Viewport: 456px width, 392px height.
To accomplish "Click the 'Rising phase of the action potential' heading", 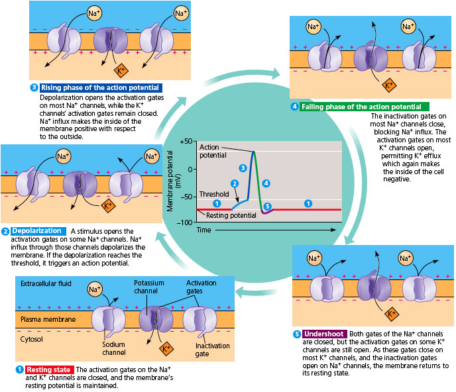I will [100, 88].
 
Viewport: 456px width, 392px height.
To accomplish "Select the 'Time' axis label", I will [203, 229].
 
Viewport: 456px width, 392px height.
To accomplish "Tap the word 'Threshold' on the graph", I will [213, 195].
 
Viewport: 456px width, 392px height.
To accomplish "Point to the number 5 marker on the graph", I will [268, 206].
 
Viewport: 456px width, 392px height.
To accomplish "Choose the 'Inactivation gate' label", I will [211, 349].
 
